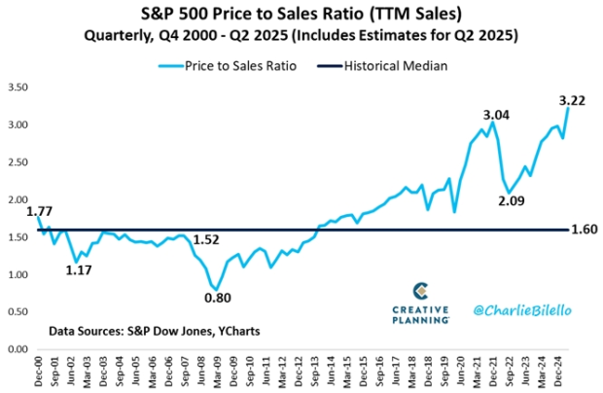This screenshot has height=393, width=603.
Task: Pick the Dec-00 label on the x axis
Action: (x=39, y=370)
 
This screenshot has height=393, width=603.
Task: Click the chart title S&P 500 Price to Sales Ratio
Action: (x=301, y=15)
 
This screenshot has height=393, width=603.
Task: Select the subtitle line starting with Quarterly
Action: (x=301, y=36)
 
